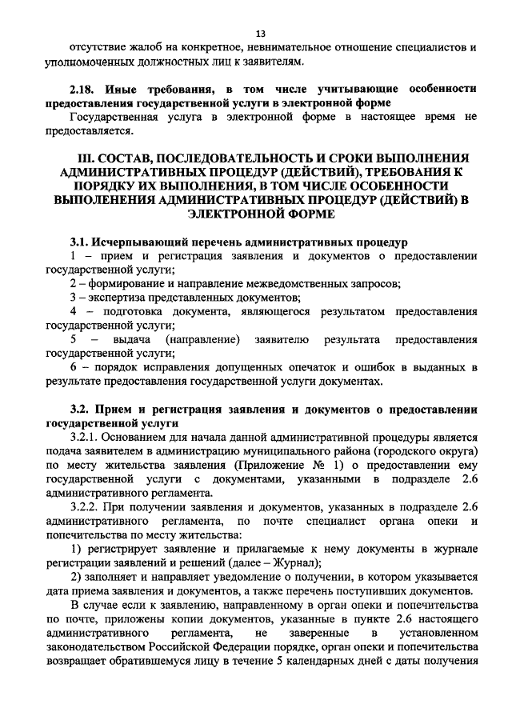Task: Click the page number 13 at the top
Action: (260, 33)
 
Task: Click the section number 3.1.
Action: (81, 242)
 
